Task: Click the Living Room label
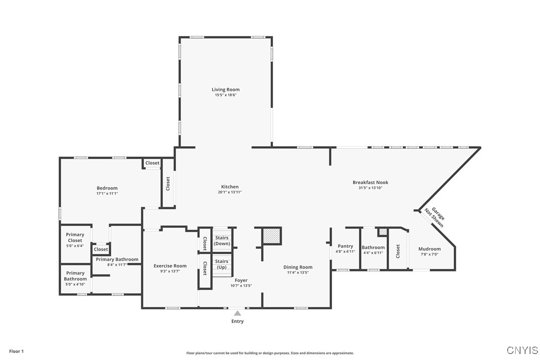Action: [x=226, y=90]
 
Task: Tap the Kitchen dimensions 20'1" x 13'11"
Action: [x=230, y=192]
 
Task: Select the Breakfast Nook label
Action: [x=370, y=182]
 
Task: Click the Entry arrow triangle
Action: [x=238, y=313]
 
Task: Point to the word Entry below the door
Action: [x=238, y=321]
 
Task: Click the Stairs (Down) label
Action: [x=222, y=241]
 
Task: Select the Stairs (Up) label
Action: [x=222, y=264]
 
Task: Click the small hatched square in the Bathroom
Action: [x=382, y=232]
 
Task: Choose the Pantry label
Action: [x=345, y=246]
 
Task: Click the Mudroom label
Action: [x=429, y=249]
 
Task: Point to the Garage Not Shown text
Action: [x=434, y=217]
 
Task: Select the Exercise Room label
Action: [x=170, y=266]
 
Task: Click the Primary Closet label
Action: [x=75, y=237]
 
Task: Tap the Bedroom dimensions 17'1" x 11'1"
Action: [x=107, y=193]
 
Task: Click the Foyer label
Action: [x=241, y=280]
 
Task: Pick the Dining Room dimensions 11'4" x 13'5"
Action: [x=298, y=272]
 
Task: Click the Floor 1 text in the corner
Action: [x=16, y=351]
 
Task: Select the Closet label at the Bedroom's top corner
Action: [x=152, y=163]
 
